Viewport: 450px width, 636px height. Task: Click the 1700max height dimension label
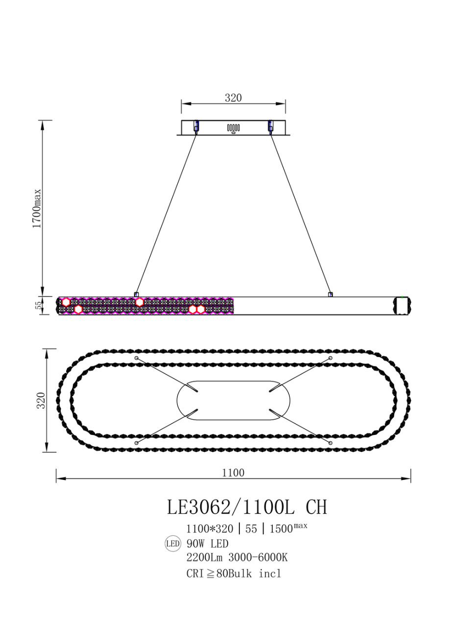pyautogui.click(x=37, y=208)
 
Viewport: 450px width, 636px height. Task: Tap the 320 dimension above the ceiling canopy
pyautogui.click(x=233, y=98)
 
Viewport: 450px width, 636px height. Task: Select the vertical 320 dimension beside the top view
pyautogui.click(x=41, y=400)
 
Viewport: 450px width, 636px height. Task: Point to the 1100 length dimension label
pyautogui.click(x=233, y=473)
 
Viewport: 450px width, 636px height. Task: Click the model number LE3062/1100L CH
pyautogui.click(x=247, y=507)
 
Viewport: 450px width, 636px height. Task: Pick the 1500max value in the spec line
pyautogui.click(x=288, y=528)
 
